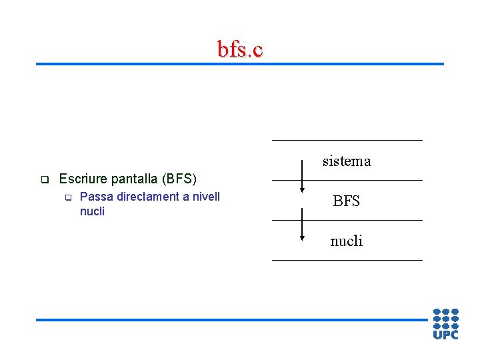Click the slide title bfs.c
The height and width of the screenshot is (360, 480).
240,49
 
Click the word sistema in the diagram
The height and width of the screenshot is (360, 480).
347,161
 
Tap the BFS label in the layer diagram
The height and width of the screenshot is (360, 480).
346,201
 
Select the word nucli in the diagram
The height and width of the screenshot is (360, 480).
347,241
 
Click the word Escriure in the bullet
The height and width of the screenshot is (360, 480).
81,179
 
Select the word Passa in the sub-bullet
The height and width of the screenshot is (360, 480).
93,197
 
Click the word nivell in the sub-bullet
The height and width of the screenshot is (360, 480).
205,197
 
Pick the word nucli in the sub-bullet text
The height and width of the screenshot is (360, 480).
92,211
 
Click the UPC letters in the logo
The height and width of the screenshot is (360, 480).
445,335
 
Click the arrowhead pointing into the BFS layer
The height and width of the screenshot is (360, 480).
303,190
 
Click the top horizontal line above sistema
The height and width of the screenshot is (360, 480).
347,140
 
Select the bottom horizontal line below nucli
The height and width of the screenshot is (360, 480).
347,260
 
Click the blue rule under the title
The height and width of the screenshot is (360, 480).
240,64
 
